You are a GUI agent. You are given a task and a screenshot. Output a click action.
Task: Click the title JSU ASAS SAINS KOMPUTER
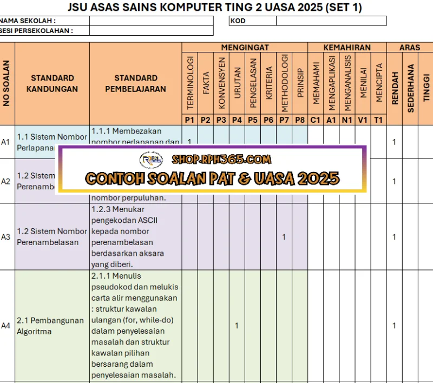coord(215,8)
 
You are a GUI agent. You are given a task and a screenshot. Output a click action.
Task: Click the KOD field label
coord(238,21)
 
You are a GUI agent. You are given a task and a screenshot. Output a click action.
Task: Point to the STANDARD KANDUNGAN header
coord(52,83)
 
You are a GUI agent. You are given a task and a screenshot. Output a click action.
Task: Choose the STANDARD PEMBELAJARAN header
coord(135,83)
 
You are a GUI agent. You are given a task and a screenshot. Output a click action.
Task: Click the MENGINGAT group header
coord(245,48)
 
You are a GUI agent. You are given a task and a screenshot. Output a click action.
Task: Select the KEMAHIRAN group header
coord(347,48)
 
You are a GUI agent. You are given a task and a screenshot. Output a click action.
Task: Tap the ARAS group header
coord(410,48)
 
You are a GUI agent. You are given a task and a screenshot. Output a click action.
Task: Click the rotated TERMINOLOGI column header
coord(190,82)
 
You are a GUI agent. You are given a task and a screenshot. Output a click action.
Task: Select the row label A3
coord(6,237)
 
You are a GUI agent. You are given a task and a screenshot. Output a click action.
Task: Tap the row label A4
coord(6,326)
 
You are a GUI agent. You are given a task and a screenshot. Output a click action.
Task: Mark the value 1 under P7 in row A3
coord(284,237)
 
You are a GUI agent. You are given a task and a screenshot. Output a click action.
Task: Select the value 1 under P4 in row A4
coord(237,326)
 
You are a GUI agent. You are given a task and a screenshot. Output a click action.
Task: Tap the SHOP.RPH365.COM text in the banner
coord(221,160)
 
